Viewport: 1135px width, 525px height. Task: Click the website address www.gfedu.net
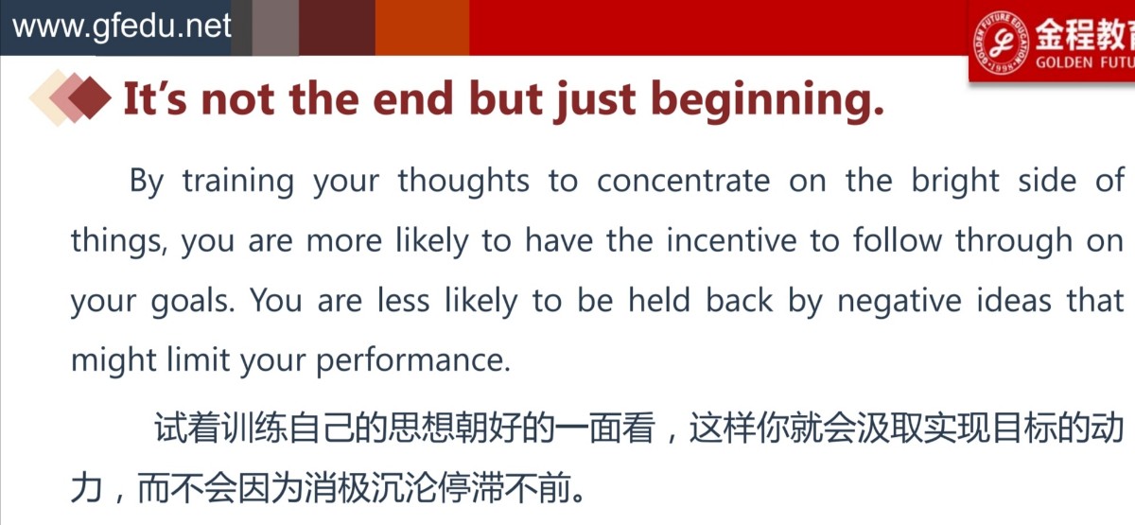[122, 26]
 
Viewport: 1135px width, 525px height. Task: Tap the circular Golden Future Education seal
[1002, 42]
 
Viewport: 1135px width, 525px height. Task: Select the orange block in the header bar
[422, 27]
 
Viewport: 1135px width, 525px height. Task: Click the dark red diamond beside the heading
[90, 97]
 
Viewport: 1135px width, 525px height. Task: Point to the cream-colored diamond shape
[51, 97]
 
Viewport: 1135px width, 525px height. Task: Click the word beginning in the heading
[767, 101]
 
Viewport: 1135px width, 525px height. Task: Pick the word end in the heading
[412, 98]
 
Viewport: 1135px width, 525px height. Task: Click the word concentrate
[684, 181]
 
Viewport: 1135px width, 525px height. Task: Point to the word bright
[955, 182]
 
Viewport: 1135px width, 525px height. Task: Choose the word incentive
[731, 240]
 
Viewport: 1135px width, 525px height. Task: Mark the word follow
[898, 239]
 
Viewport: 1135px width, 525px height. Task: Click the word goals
[193, 302]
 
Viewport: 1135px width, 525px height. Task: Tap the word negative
[899, 302]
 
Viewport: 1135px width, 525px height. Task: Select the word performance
[413, 361]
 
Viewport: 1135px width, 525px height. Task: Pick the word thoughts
[463, 181]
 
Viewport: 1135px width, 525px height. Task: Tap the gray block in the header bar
[275, 27]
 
